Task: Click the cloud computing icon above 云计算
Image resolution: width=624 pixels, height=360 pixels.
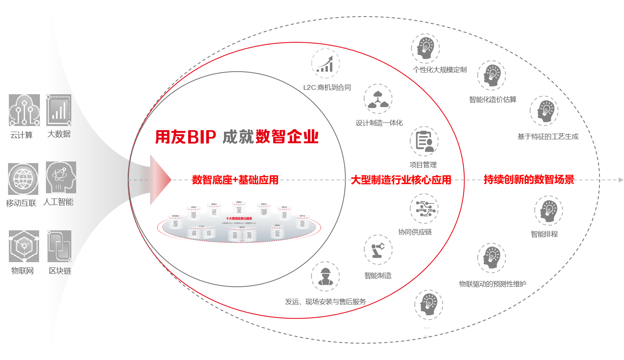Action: coord(24,110)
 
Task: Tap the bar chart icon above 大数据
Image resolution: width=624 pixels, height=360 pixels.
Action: coord(59,110)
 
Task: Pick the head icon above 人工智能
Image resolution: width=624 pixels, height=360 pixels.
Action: coord(61,177)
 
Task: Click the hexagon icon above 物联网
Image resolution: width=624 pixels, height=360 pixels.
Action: coord(24,246)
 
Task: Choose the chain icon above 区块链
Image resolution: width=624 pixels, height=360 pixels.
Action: coord(59,246)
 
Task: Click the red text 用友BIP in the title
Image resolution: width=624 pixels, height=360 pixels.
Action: coord(186,137)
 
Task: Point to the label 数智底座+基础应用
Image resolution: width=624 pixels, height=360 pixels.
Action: coord(235,180)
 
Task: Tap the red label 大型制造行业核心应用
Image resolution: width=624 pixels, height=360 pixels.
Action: coord(401,180)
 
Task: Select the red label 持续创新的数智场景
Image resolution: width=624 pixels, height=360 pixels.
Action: coord(529,180)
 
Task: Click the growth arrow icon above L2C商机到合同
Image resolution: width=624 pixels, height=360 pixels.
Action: coord(325,64)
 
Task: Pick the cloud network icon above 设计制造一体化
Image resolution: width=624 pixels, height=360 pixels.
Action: coord(378,99)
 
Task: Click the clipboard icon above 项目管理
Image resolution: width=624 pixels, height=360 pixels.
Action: coord(424,141)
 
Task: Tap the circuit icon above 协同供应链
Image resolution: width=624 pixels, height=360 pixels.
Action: coord(424,208)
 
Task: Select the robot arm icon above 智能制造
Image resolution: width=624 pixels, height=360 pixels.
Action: coord(378,250)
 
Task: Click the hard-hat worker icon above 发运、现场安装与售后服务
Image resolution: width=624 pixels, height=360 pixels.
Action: coord(325,277)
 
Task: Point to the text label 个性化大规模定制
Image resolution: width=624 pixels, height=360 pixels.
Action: coord(439,70)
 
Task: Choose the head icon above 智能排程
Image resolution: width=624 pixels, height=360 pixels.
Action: coord(548,210)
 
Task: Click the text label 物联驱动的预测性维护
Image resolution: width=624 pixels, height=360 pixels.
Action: coord(493,284)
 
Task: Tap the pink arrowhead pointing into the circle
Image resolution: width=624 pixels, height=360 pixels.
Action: coord(160,180)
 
